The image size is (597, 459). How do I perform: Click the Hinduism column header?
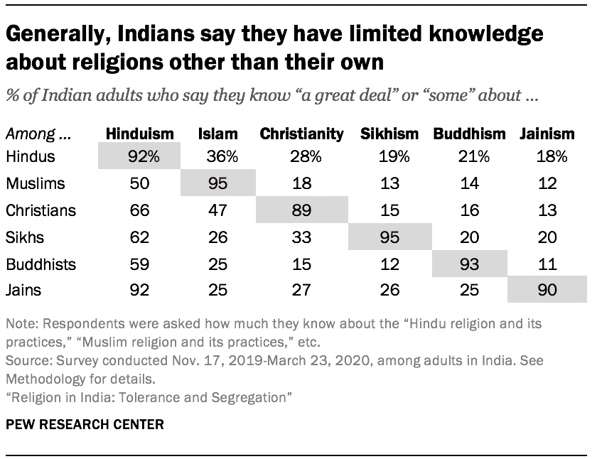tap(139, 134)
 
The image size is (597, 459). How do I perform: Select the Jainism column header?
tap(546, 134)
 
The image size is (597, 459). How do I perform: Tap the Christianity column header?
tap(301, 134)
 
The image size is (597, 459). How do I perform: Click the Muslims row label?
tap(35, 183)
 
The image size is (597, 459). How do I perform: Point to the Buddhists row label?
tap(41, 264)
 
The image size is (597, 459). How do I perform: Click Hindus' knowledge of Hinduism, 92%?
tap(139, 156)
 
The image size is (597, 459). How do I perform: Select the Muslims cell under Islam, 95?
tap(219, 183)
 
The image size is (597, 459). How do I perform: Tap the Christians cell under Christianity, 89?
tap(301, 210)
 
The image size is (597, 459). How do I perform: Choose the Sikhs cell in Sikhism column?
tap(389, 237)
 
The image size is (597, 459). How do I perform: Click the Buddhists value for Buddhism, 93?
tap(469, 264)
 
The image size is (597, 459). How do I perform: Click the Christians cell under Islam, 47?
tap(219, 210)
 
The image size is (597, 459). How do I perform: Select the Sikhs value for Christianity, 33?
tap(301, 237)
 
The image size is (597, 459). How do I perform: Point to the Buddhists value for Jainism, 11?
tap(546, 264)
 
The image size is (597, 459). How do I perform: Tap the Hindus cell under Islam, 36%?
tap(219, 156)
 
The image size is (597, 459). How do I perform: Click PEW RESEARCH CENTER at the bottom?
tap(85, 425)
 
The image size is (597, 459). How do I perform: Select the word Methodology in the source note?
tap(43, 379)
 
